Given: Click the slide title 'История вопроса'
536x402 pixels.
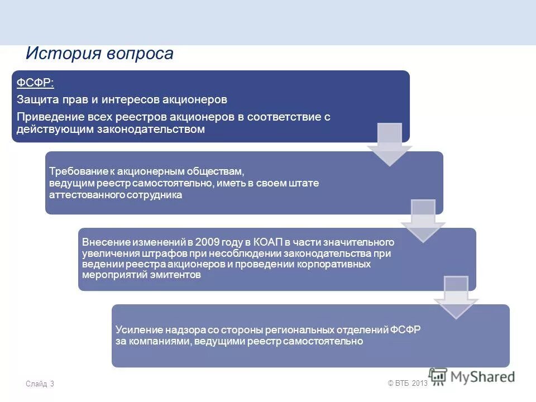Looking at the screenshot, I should [99, 54].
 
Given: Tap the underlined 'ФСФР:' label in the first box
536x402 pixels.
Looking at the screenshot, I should [35, 83].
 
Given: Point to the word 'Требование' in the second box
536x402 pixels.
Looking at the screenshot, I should [74, 171].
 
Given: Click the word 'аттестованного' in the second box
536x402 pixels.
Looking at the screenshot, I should [82, 195].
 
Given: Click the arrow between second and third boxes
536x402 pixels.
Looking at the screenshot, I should [423, 221].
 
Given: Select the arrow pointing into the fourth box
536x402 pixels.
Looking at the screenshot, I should [456, 297].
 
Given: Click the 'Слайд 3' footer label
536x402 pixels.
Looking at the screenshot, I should [40, 384].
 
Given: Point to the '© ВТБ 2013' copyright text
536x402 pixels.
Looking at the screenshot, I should [407, 383].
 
